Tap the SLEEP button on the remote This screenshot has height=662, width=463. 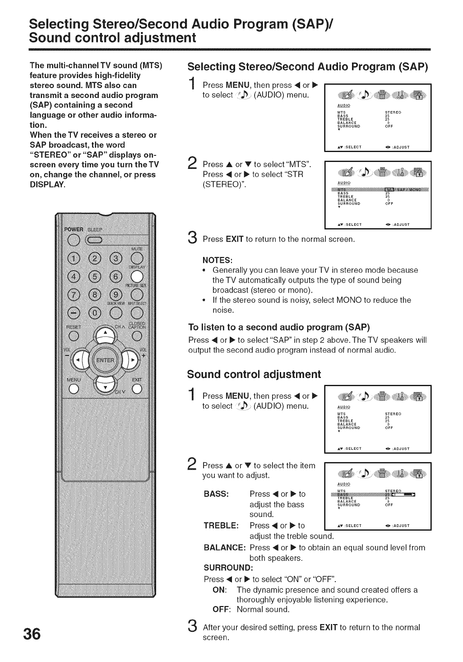(100, 239)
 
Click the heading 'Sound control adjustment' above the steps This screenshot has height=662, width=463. (254, 374)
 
